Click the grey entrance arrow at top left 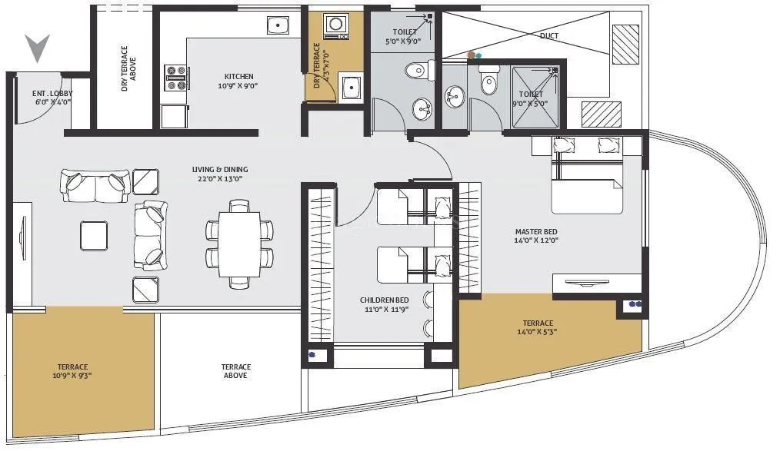pos(37,48)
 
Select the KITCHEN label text pos(238,77)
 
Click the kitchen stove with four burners pos(176,78)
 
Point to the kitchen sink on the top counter pos(278,25)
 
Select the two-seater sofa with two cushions pos(95,184)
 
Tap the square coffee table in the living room pos(94,236)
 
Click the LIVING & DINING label pos(220,170)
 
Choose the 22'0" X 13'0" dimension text pos(220,179)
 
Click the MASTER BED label pos(536,232)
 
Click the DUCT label pos(549,36)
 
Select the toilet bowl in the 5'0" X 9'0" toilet pos(415,71)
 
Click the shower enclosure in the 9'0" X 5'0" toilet pos(535,96)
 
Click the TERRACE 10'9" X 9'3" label pos(72,372)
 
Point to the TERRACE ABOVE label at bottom pos(235,372)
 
